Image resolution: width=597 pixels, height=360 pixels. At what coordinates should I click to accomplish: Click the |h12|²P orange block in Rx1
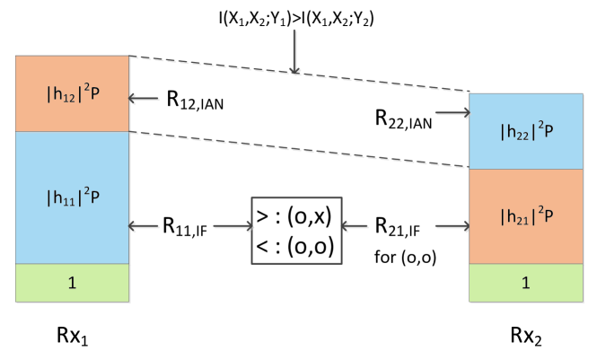72,93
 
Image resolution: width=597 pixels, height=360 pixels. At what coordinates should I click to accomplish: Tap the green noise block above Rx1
72,282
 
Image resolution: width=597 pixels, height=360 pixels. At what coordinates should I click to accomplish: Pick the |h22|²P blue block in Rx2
525,129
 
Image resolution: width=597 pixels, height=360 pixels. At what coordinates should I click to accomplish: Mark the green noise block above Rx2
525,282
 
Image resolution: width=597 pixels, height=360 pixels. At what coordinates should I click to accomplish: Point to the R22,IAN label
404,116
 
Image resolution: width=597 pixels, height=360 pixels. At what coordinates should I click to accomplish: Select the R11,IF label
185,228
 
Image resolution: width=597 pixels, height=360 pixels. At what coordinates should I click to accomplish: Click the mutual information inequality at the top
294,17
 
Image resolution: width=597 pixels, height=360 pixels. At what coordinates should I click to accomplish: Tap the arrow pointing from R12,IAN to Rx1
144,99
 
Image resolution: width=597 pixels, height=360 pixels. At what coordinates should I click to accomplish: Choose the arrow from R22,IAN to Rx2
454,113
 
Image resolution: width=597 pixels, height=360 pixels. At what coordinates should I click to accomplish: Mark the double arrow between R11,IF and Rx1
144,228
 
